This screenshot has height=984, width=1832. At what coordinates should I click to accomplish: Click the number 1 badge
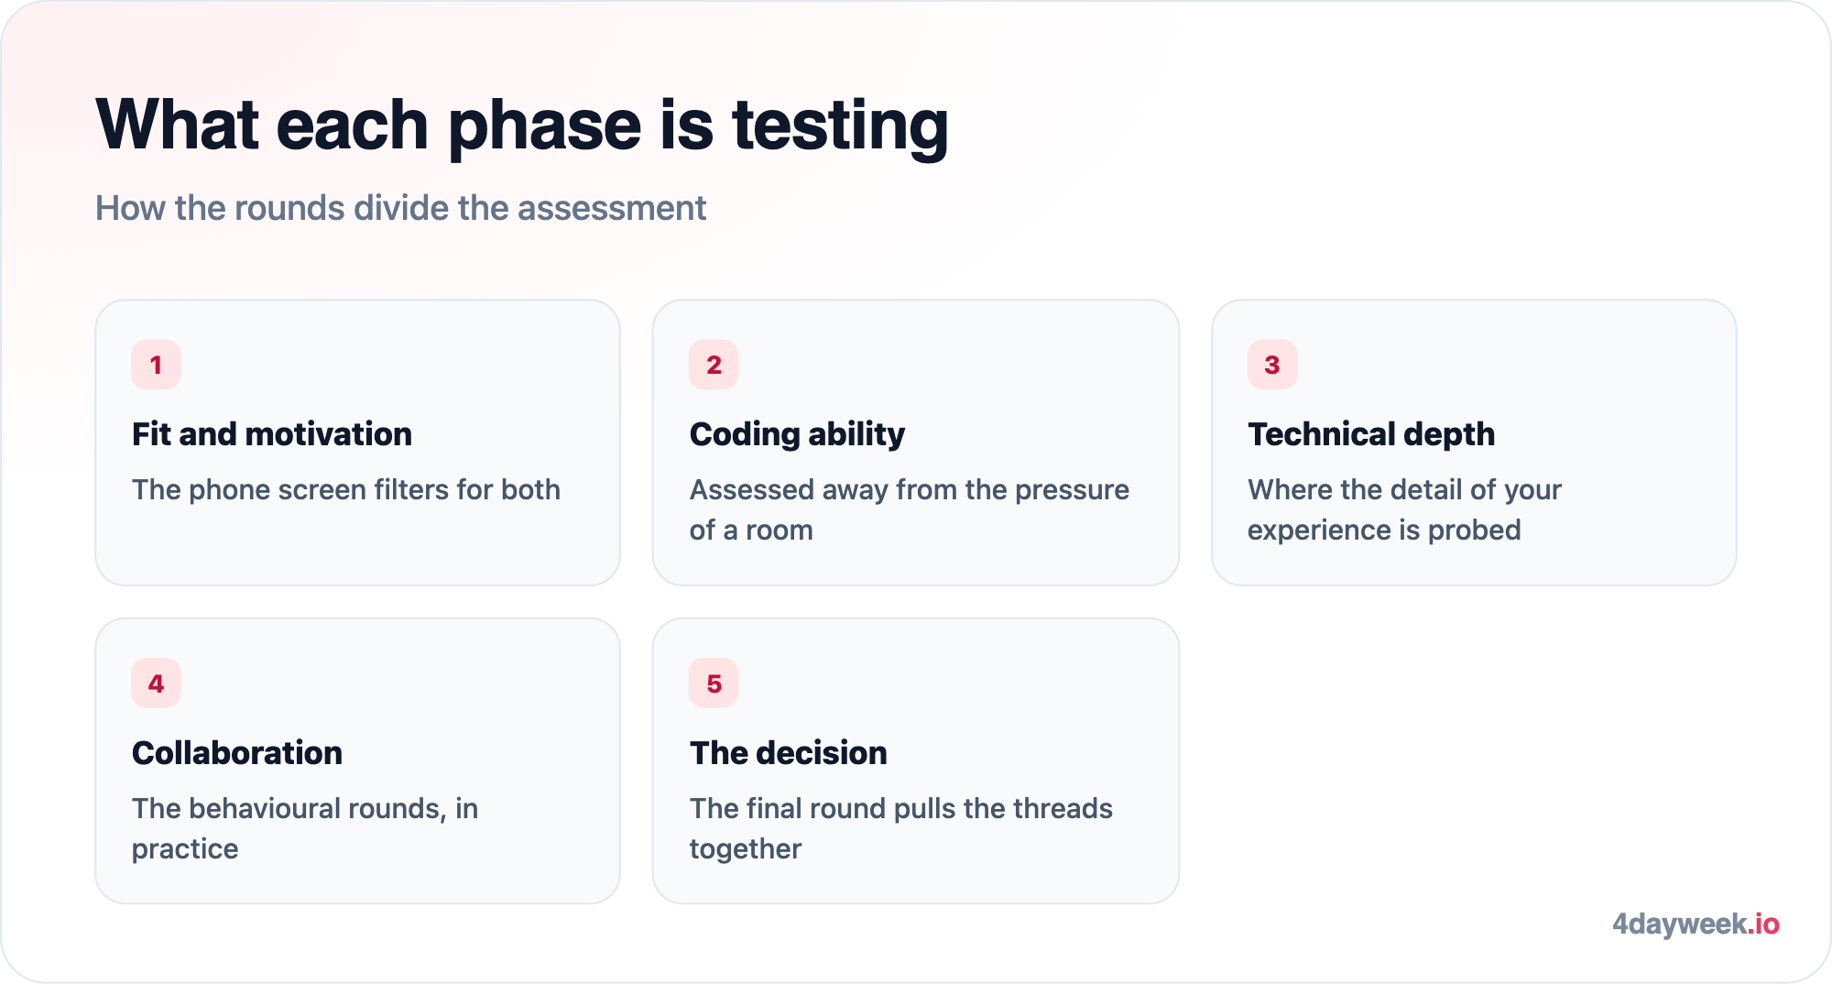click(x=156, y=365)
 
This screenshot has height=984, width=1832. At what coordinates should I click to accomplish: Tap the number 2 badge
click(x=714, y=365)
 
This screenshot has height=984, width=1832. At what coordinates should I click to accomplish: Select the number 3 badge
click(x=1272, y=365)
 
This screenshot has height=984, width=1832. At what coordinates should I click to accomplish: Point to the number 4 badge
click(x=156, y=683)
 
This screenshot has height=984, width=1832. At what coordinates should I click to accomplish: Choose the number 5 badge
click(x=714, y=683)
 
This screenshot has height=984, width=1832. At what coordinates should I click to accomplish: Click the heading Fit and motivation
click(x=272, y=434)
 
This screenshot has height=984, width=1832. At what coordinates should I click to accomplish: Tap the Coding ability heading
click(x=797, y=434)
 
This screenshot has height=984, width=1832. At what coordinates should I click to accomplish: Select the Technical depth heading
click(x=1371, y=434)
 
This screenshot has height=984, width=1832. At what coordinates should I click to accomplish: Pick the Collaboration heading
click(x=237, y=753)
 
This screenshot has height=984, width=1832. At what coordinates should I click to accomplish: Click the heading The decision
click(x=789, y=753)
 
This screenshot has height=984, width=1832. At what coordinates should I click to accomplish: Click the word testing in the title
click(x=840, y=126)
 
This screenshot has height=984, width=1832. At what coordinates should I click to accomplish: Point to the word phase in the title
click(x=545, y=126)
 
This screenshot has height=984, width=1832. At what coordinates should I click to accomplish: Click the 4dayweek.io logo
click(x=1696, y=924)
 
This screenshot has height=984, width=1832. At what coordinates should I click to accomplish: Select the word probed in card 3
click(x=1474, y=531)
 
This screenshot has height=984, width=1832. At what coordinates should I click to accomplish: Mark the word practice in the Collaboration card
click(x=185, y=850)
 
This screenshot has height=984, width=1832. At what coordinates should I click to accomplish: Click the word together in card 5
click(x=746, y=850)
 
